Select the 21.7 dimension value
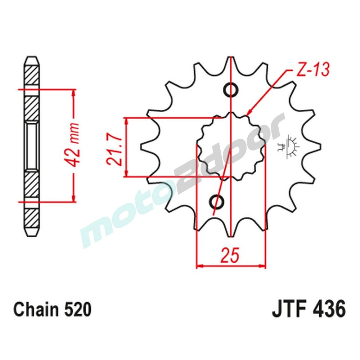(x=113, y=148)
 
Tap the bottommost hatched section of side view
(x=31, y=216)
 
